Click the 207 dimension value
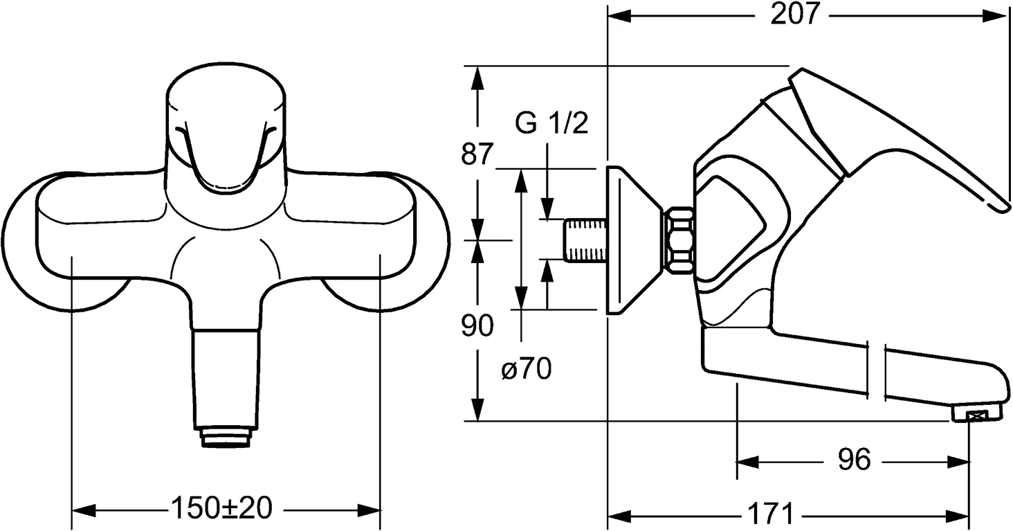point(795,15)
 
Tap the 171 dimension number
point(769,515)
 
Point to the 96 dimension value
point(854,460)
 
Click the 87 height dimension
point(477,154)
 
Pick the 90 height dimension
point(477,325)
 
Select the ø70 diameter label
point(527,370)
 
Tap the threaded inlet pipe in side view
point(585,241)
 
